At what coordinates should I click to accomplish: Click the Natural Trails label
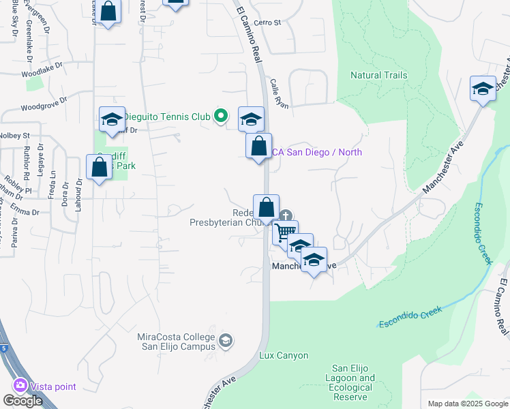pos(378,76)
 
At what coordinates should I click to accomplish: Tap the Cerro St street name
pos(267,22)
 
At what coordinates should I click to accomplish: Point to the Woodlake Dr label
pos(42,69)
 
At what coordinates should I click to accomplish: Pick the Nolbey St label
pos(15,136)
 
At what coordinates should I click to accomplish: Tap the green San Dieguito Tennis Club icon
pos(220,117)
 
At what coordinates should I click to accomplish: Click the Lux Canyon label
pos(284,356)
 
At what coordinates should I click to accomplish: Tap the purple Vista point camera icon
pos(20,386)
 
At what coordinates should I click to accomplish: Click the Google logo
pos(22,401)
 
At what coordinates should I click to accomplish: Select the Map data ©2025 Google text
pos(467,404)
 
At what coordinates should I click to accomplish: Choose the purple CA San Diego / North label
pos(317,152)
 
